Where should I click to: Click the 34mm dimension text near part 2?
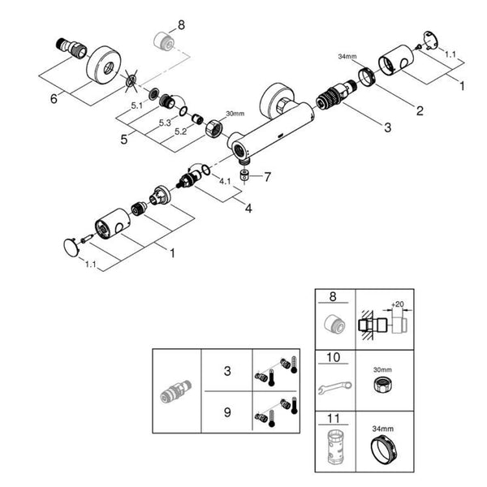347,57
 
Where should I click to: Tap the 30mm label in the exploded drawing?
234,114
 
